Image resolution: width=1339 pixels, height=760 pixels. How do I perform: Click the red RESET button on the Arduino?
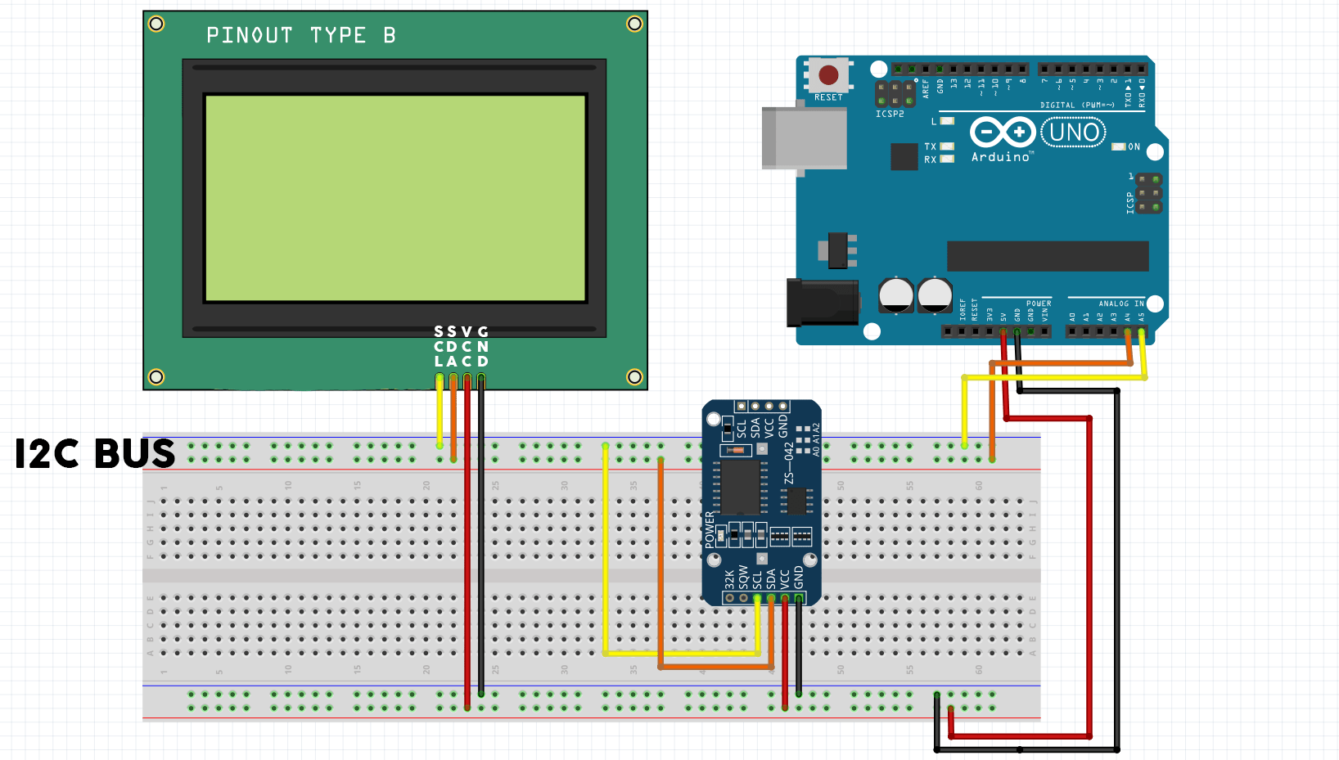pyautogui.click(x=828, y=75)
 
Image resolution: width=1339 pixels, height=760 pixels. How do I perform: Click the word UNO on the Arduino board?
pyautogui.click(x=1073, y=133)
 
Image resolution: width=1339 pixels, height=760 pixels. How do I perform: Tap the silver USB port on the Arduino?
pyautogui.click(x=804, y=137)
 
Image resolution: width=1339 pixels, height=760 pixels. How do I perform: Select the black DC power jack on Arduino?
pyautogui.click(x=822, y=302)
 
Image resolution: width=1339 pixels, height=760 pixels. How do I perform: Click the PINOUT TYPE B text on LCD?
pyautogui.click(x=300, y=35)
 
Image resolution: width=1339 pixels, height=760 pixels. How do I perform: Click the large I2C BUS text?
pyautogui.click(x=95, y=454)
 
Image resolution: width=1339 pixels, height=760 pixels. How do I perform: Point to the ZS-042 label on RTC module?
pyautogui.click(x=789, y=463)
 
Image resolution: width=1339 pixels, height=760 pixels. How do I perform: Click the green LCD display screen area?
pyautogui.click(x=394, y=198)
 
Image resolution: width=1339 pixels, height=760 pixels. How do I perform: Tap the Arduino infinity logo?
pyautogui.click(x=1002, y=132)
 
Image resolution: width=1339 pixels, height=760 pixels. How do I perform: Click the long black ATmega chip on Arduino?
pyautogui.click(x=1047, y=256)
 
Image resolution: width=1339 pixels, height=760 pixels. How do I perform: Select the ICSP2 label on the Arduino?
pyautogui.click(x=890, y=114)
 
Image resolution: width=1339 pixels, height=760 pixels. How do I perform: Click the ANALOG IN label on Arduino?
pyautogui.click(x=1120, y=304)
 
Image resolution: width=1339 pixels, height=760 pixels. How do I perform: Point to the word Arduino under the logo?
pyautogui.click(x=1000, y=157)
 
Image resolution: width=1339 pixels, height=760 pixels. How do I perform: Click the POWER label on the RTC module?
pyautogui.click(x=710, y=529)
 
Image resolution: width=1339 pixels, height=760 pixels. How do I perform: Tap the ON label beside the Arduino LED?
pyautogui.click(x=1134, y=147)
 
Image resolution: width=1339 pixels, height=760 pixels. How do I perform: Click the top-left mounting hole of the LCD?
pyautogui.click(x=156, y=24)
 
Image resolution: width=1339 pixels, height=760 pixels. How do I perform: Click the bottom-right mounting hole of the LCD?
pyautogui.click(x=634, y=377)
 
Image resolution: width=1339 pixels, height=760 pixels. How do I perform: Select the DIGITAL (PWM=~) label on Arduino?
pyautogui.click(x=1076, y=106)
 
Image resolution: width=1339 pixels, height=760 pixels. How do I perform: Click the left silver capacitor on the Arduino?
pyautogui.click(x=895, y=295)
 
